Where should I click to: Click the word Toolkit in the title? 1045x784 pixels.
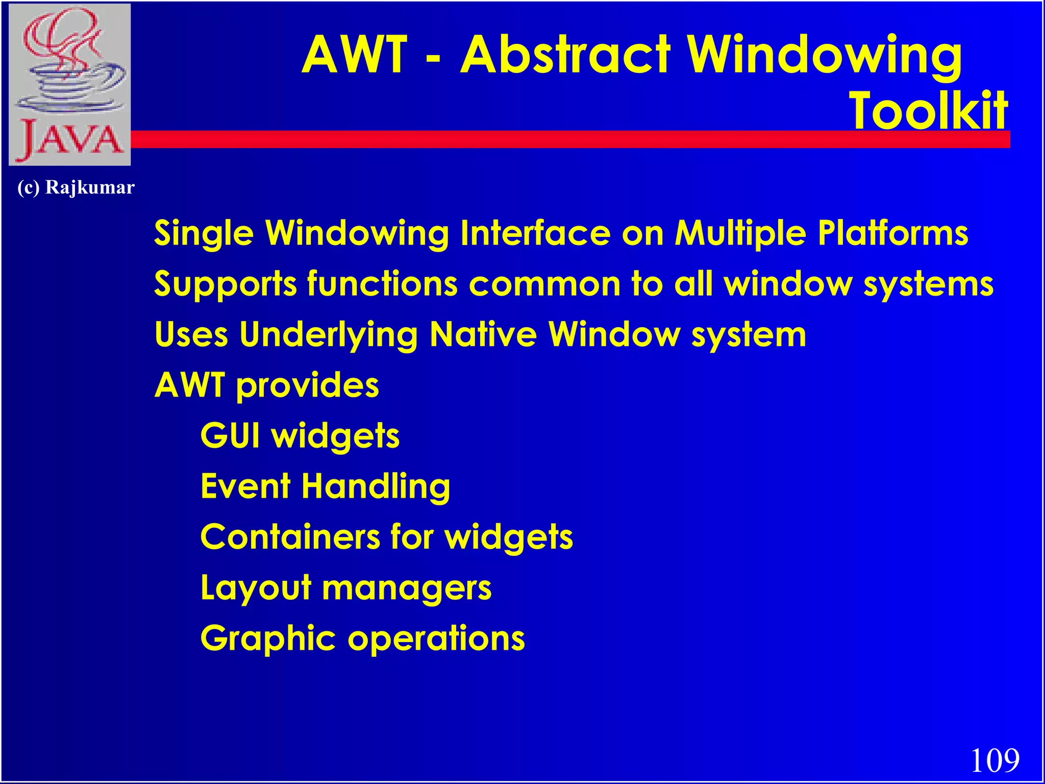(x=928, y=110)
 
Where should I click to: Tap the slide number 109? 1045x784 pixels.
(x=994, y=761)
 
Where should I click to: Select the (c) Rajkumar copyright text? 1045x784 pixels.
(x=76, y=187)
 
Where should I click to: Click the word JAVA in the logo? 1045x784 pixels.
(x=70, y=139)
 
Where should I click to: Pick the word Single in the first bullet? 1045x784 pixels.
(x=204, y=233)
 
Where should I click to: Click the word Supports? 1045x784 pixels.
(x=225, y=284)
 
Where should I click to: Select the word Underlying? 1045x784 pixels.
(x=329, y=335)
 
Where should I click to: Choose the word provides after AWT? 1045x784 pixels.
(x=307, y=385)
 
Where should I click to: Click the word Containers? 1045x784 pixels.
(x=290, y=537)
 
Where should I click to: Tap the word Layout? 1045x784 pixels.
(x=256, y=588)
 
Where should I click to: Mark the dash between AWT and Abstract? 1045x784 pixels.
(x=432, y=62)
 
